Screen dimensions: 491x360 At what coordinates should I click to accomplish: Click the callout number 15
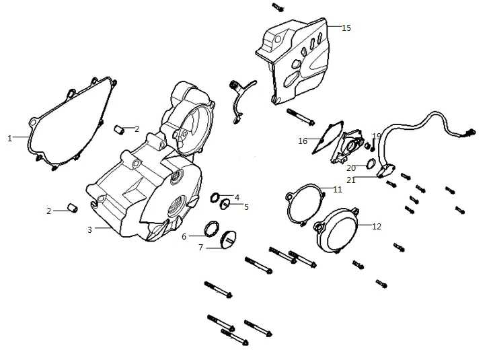(x=346, y=28)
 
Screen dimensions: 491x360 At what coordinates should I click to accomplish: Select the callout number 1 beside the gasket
(x=9, y=138)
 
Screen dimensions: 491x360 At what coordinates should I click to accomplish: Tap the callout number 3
(x=90, y=230)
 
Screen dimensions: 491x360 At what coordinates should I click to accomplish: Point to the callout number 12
(x=377, y=226)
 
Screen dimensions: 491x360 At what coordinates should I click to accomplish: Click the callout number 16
(x=303, y=141)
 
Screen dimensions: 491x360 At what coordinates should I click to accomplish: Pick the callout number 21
(x=351, y=180)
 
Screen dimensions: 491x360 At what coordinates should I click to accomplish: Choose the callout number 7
(x=200, y=248)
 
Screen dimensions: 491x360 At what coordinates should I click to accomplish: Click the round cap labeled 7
(x=228, y=240)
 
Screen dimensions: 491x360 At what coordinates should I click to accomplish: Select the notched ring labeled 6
(x=212, y=229)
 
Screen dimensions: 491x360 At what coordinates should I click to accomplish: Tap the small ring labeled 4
(x=215, y=197)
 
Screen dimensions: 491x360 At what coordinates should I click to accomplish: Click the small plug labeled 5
(x=225, y=205)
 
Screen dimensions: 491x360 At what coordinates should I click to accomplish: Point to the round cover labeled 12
(x=336, y=231)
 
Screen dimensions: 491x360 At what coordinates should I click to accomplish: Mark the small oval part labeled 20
(x=371, y=164)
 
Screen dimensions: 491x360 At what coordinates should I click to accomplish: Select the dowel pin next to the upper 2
(x=119, y=129)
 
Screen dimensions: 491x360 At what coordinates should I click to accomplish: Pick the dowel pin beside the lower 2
(x=73, y=208)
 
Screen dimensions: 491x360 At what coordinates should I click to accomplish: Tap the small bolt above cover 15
(x=278, y=7)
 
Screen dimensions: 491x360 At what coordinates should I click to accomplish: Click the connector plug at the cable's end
(x=470, y=132)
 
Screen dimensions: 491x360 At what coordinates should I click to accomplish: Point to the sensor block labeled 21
(x=386, y=170)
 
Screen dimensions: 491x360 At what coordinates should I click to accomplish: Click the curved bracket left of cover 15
(x=241, y=101)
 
